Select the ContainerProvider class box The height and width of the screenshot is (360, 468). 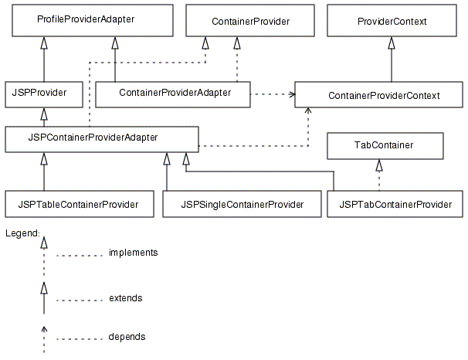tap(251, 21)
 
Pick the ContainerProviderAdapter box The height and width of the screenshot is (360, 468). tap(175, 93)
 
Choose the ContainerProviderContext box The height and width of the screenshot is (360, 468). tap(383, 95)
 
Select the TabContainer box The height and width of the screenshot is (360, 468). tap(384, 145)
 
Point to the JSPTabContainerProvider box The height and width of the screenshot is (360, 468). tap(395, 204)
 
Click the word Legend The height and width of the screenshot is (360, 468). tap(22, 233)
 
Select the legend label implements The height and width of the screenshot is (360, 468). tap(133, 253)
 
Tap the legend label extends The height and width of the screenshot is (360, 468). tap(125, 297)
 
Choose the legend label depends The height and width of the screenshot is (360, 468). tap(127, 337)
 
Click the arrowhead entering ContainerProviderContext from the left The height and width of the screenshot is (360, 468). tap(291, 95)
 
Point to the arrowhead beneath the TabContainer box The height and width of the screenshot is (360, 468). tap(379, 165)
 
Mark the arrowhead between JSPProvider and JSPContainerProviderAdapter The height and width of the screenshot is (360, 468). tap(44, 114)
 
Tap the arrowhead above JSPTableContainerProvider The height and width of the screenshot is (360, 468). tap(44, 159)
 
